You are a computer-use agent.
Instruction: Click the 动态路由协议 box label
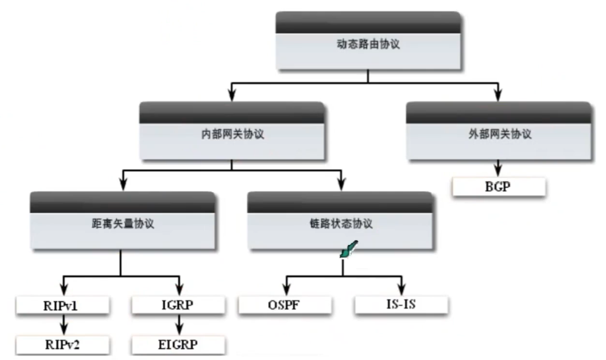[368, 45]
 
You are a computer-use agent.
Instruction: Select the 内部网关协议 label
[233, 134]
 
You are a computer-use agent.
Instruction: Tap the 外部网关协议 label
[498, 134]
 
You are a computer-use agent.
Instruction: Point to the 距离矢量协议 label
[122, 224]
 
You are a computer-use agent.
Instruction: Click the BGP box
[498, 187]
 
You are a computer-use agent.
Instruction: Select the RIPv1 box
[62, 305]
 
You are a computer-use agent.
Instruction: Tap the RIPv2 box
[62, 344]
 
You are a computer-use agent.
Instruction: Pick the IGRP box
[179, 305]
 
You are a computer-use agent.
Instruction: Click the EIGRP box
[179, 344]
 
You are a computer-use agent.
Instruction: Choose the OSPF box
[285, 305]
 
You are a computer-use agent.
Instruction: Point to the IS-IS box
[401, 305]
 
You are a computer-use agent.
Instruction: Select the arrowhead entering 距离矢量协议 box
[122, 185]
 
